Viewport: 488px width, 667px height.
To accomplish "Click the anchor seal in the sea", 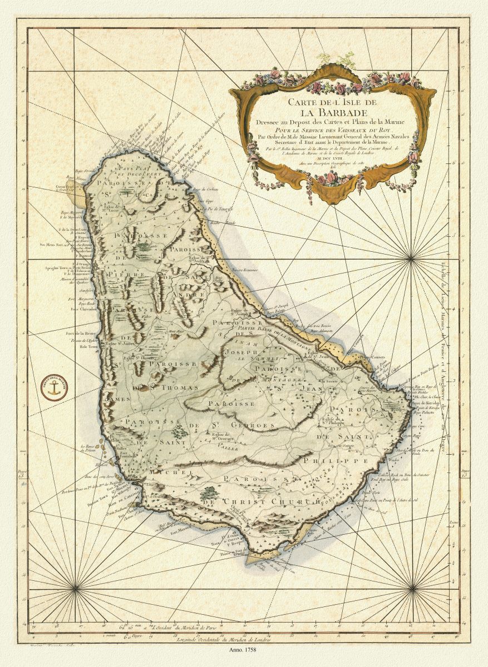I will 53,388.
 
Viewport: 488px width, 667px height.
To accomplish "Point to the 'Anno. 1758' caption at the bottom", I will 244,649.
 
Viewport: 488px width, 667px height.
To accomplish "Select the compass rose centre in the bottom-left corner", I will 75,587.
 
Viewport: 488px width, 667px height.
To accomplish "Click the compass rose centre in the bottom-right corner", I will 412,587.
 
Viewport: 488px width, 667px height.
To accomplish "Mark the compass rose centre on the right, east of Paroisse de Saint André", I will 412,259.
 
